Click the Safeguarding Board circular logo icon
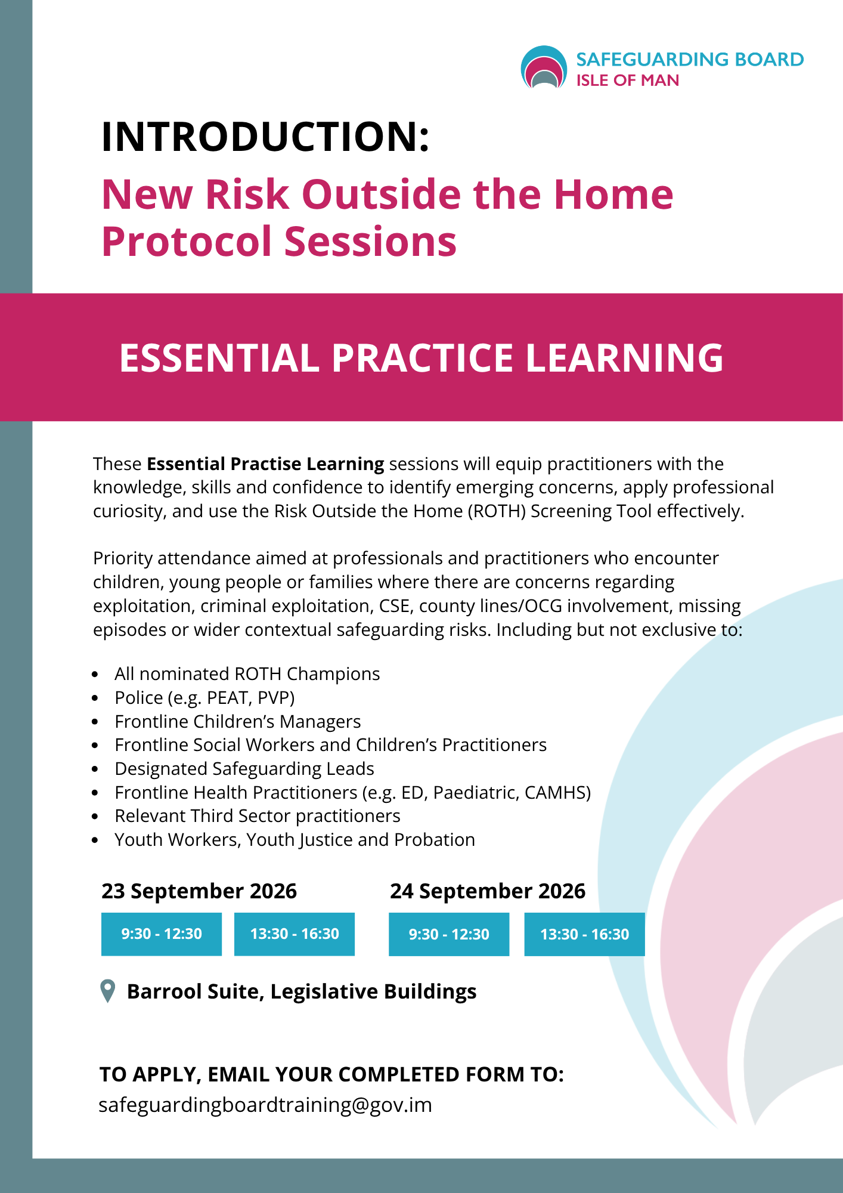pyautogui.click(x=543, y=67)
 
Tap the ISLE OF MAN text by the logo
pyautogui.click(x=627, y=81)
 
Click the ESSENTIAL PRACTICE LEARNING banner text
pyautogui.click(x=421, y=358)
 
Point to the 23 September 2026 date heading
pyautogui.click(x=199, y=891)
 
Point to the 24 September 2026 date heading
pyautogui.click(x=488, y=891)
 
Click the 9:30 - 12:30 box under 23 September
pyautogui.click(x=162, y=934)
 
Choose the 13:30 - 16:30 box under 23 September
pyautogui.click(x=295, y=934)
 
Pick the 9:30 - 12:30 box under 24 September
pyautogui.click(x=449, y=934)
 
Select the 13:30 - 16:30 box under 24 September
pyautogui.click(x=584, y=934)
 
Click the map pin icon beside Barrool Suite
pyautogui.click(x=107, y=991)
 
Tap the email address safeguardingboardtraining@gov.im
pyautogui.click(x=265, y=1105)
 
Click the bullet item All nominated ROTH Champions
pyautogui.click(x=247, y=674)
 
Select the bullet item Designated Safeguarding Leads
pyautogui.click(x=244, y=769)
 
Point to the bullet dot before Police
pyautogui.click(x=95, y=698)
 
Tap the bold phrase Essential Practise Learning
pyautogui.click(x=265, y=464)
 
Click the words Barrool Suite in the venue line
pyautogui.click(x=193, y=991)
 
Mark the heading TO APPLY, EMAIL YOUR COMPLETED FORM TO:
pyautogui.click(x=331, y=1074)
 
